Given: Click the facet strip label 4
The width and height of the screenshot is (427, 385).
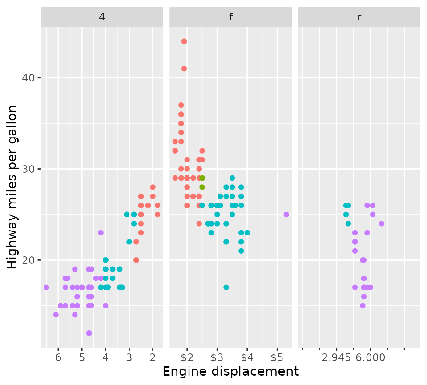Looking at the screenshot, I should point(102,17).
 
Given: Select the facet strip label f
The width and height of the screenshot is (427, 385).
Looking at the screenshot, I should point(230,17).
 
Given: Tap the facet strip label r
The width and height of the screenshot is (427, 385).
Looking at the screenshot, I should point(359,17).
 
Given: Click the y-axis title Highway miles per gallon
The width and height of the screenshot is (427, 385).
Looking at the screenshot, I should point(13,187).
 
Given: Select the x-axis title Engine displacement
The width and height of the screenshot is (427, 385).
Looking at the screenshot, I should point(230,372).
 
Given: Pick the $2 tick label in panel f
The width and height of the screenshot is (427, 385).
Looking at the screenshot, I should point(187,358).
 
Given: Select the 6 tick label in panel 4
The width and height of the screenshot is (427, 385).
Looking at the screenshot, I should point(58,358).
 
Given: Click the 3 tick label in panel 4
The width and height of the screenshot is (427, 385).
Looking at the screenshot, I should point(129,358).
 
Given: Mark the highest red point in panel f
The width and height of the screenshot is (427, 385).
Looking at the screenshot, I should point(184,41).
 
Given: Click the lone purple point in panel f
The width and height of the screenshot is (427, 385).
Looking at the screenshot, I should point(286,215).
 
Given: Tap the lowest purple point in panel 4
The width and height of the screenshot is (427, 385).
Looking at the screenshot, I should point(89,333).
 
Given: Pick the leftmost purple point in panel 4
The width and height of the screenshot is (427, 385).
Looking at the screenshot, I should point(46,288).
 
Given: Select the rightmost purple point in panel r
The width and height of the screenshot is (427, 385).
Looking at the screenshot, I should point(381,223).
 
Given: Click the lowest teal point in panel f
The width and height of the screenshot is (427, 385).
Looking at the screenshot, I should point(226,288).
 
